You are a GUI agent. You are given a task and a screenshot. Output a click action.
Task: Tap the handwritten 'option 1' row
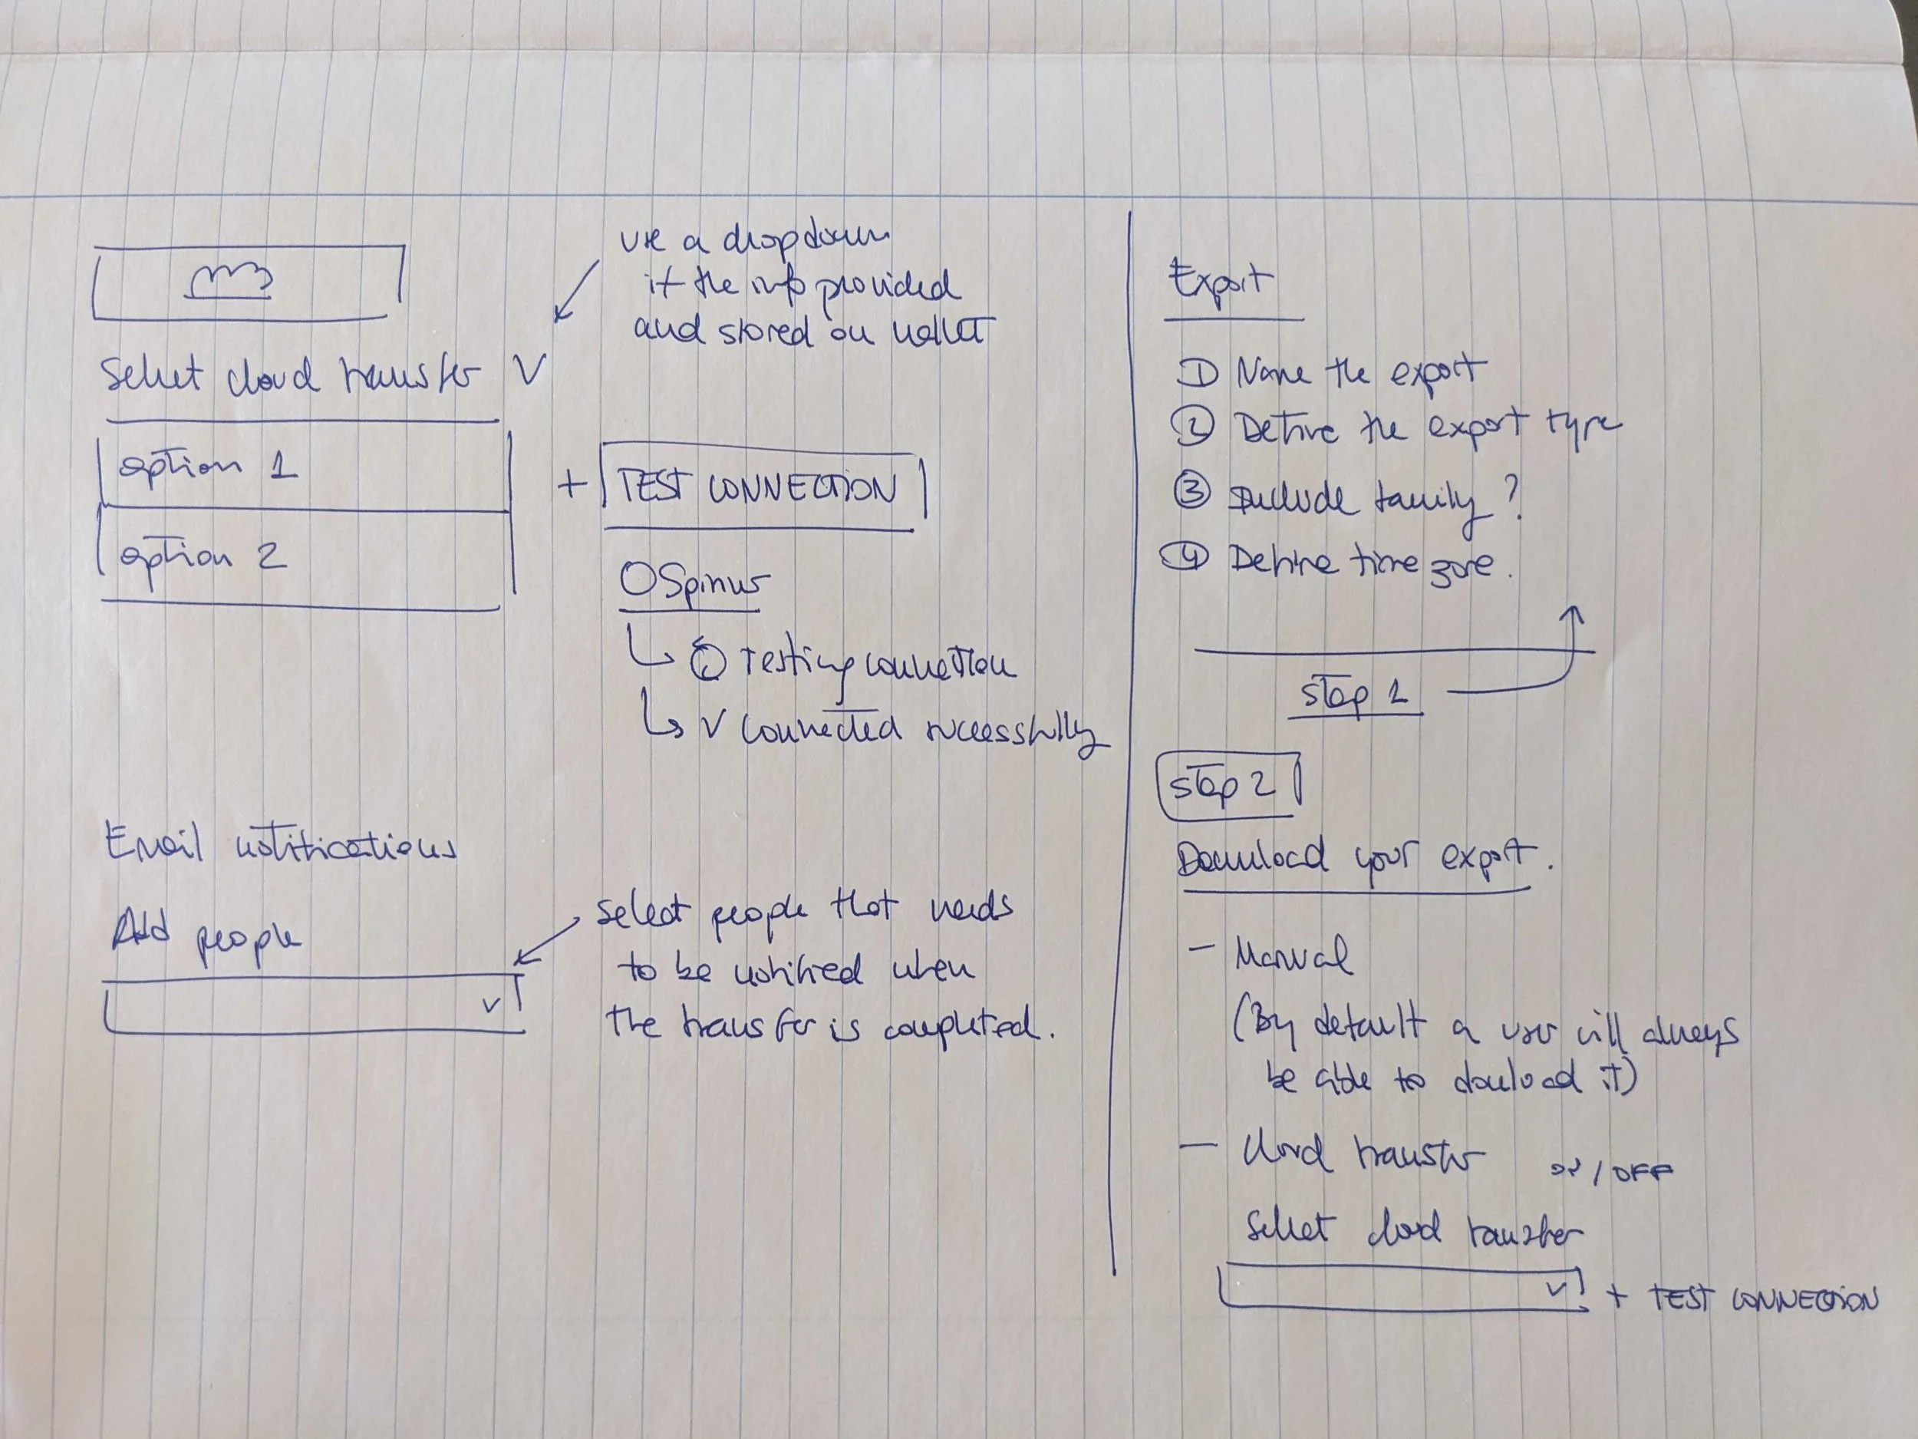(208, 468)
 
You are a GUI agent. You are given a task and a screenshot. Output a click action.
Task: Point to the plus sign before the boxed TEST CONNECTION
(572, 484)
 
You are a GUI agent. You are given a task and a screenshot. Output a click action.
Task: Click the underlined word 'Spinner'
(694, 584)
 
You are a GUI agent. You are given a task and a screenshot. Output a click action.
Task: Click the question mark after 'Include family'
(1511, 498)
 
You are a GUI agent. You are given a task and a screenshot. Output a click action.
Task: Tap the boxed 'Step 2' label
(1224, 786)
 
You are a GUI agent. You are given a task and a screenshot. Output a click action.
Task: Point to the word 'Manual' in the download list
(1292, 955)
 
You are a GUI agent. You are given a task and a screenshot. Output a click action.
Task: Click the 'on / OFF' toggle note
(1610, 1172)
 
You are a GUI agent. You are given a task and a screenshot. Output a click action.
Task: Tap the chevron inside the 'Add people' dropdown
(493, 1005)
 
